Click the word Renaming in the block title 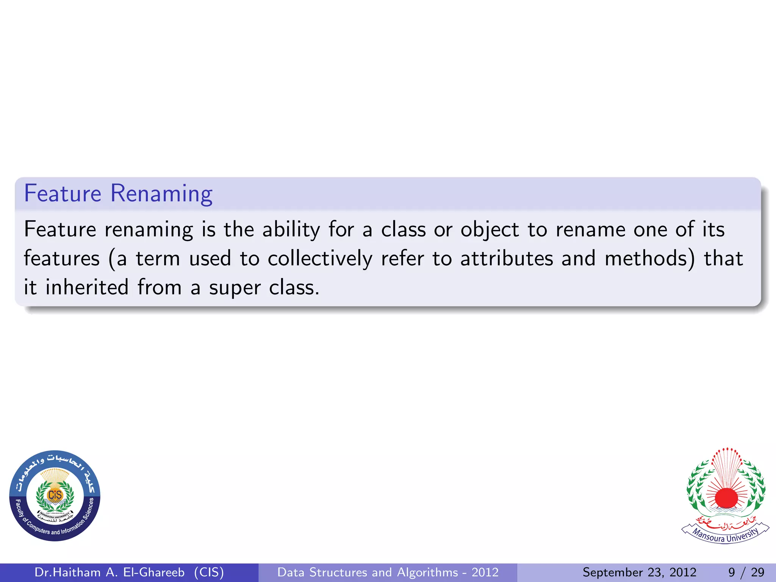161,194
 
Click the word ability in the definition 291,230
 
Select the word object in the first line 490,230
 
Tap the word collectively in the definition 320,259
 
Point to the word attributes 507,258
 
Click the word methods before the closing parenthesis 646,258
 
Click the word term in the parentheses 158,259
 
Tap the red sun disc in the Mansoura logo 726,498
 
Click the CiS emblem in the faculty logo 55,495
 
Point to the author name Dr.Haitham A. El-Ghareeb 110,572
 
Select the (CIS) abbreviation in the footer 209,572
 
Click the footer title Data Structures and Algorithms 388,572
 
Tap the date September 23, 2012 639,572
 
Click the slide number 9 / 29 746,572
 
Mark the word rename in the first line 590,230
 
